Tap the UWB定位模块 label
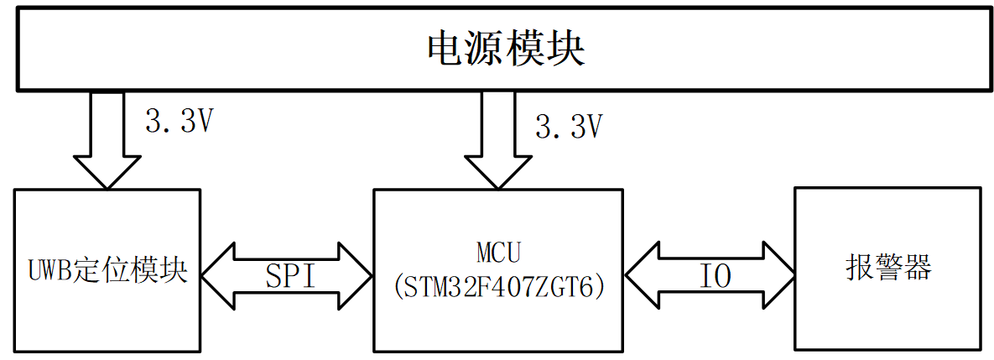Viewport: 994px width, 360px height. click(x=107, y=271)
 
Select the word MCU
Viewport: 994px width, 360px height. click(x=497, y=251)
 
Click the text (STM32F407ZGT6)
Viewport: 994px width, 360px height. click(x=497, y=286)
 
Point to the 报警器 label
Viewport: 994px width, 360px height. click(x=888, y=269)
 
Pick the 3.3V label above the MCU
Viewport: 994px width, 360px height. click(x=570, y=127)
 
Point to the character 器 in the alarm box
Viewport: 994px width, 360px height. click(x=917, y=269)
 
